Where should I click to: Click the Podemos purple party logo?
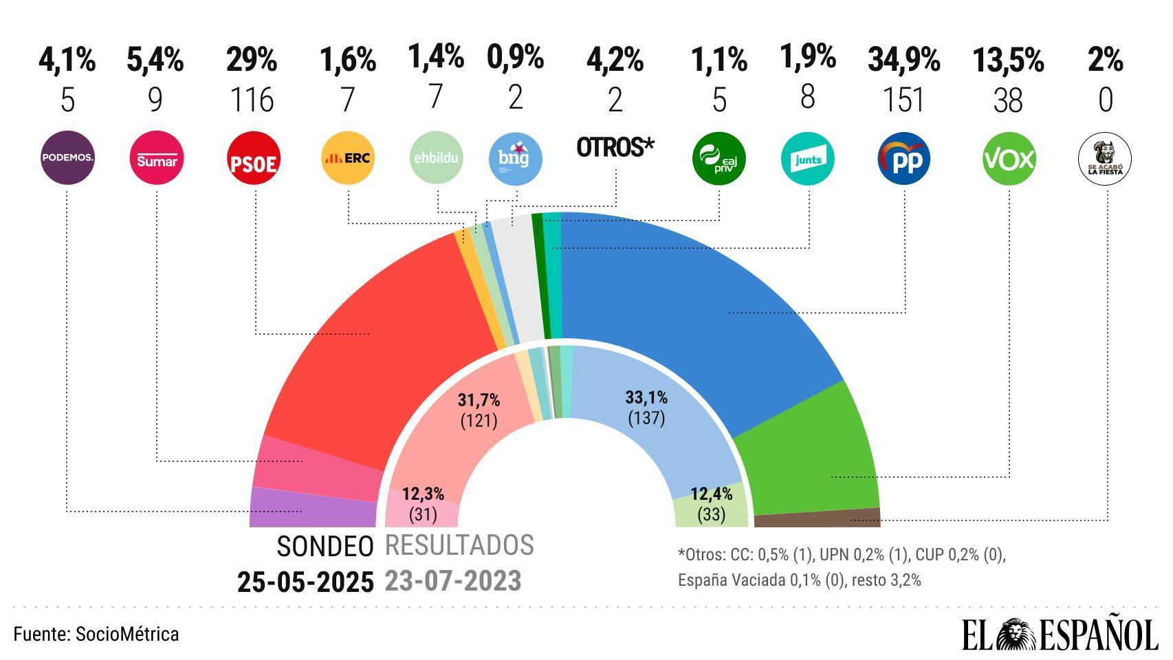pos(67,158)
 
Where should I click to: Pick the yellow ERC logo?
pos(348,158)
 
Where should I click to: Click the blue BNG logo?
pos(516,158)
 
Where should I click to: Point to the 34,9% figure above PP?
pos(903,60)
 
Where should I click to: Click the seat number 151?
pos(903,100)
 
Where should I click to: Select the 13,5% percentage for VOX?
pos(1008,60)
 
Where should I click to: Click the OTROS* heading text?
pos(615,147)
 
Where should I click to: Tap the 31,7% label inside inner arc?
pos(479,400)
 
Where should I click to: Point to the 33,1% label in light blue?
pos(646,397)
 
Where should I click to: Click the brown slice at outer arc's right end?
pos(818,518)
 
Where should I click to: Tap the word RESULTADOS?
pos(459,545)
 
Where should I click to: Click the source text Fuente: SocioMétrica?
pos(96,634)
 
